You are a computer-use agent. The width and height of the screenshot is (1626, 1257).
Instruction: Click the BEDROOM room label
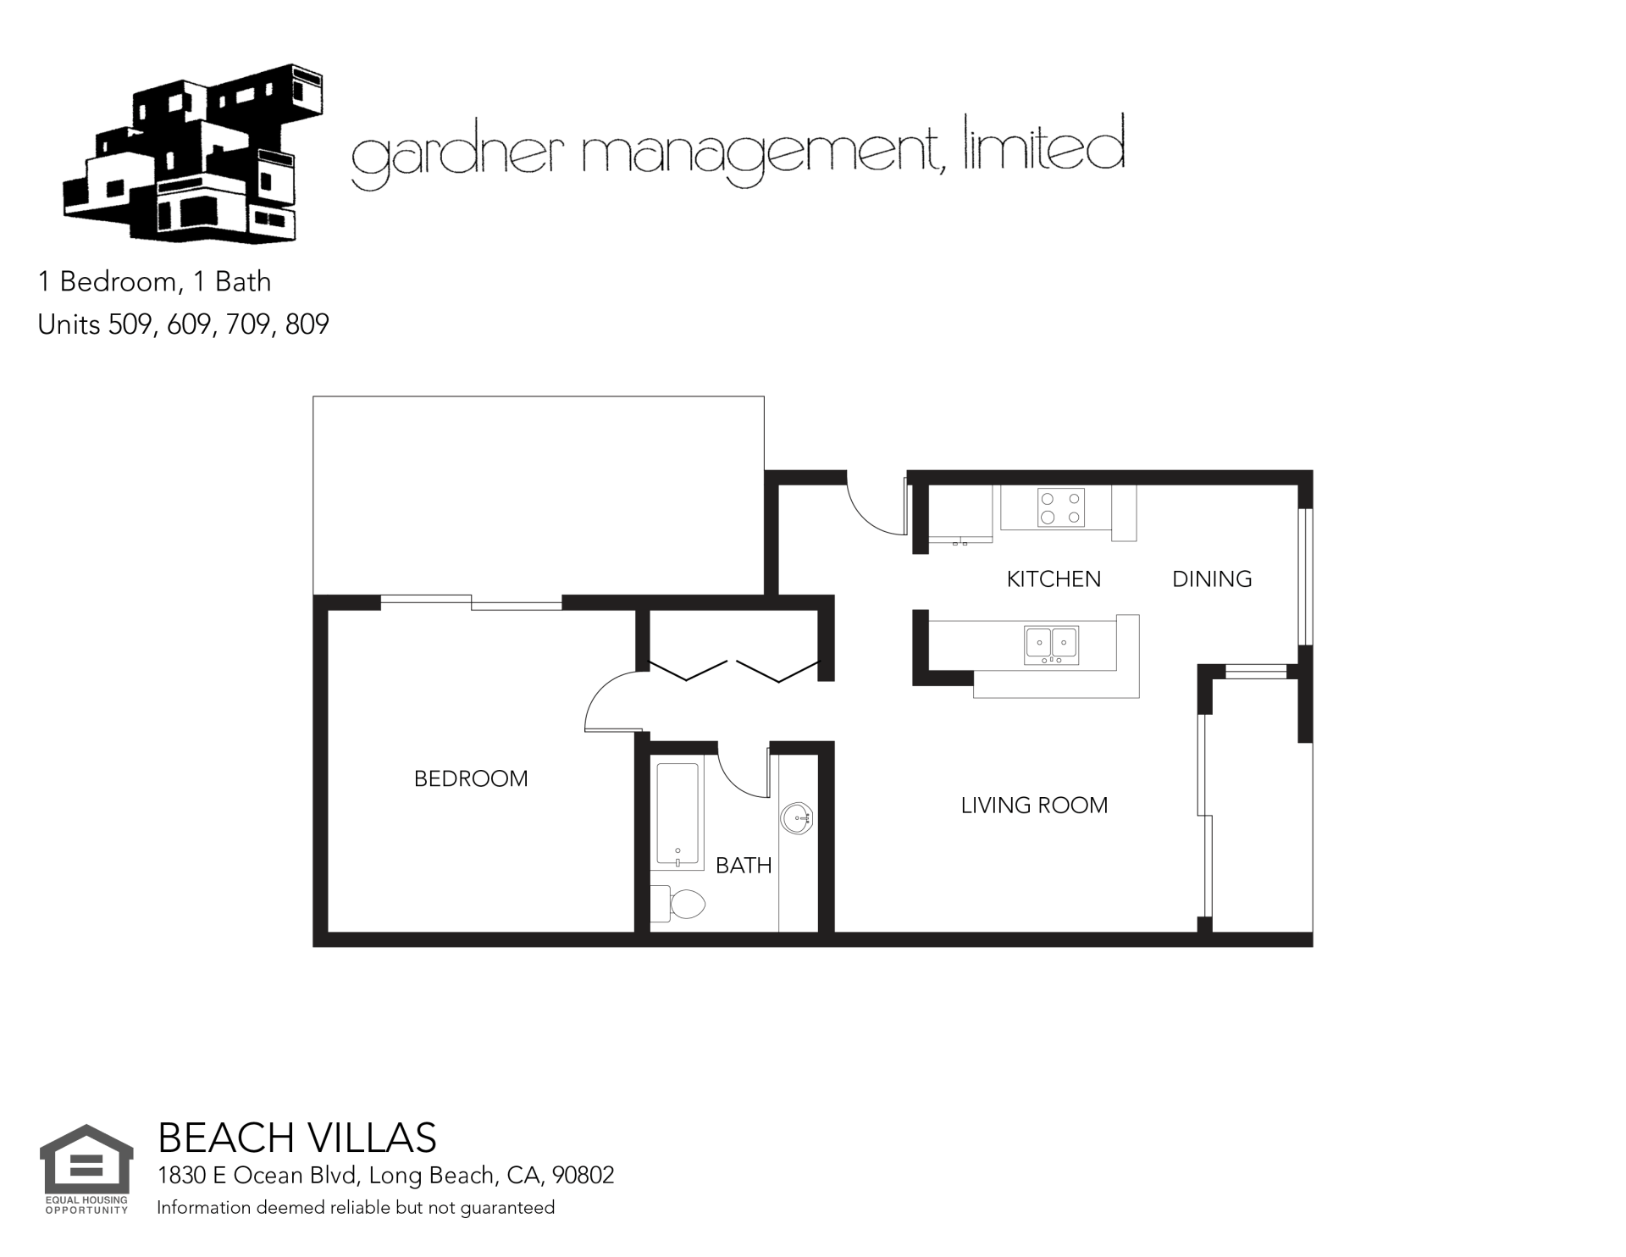(471, 778)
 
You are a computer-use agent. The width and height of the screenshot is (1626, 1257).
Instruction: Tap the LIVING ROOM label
(1034, 805)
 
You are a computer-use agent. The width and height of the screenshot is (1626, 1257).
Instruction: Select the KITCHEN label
(1054, 579)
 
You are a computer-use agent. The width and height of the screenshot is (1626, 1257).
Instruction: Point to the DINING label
(1212, 579)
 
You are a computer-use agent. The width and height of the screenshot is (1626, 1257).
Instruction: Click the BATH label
(744, 865)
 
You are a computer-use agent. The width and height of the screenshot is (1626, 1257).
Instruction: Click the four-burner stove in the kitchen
(1061, 508)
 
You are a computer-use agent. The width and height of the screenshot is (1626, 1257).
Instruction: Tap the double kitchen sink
(1052, 645)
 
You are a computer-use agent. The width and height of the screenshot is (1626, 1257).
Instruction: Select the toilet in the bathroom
(677, 904)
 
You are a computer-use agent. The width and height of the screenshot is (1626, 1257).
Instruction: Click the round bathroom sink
(796, 818)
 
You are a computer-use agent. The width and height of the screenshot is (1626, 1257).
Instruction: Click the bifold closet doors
(734, 670)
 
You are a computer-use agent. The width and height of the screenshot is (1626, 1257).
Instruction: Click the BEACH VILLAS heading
(297, 1138)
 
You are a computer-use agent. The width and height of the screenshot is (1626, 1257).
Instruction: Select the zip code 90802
(583, 1176)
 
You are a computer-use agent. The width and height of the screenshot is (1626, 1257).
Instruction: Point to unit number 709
(248, 324)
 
